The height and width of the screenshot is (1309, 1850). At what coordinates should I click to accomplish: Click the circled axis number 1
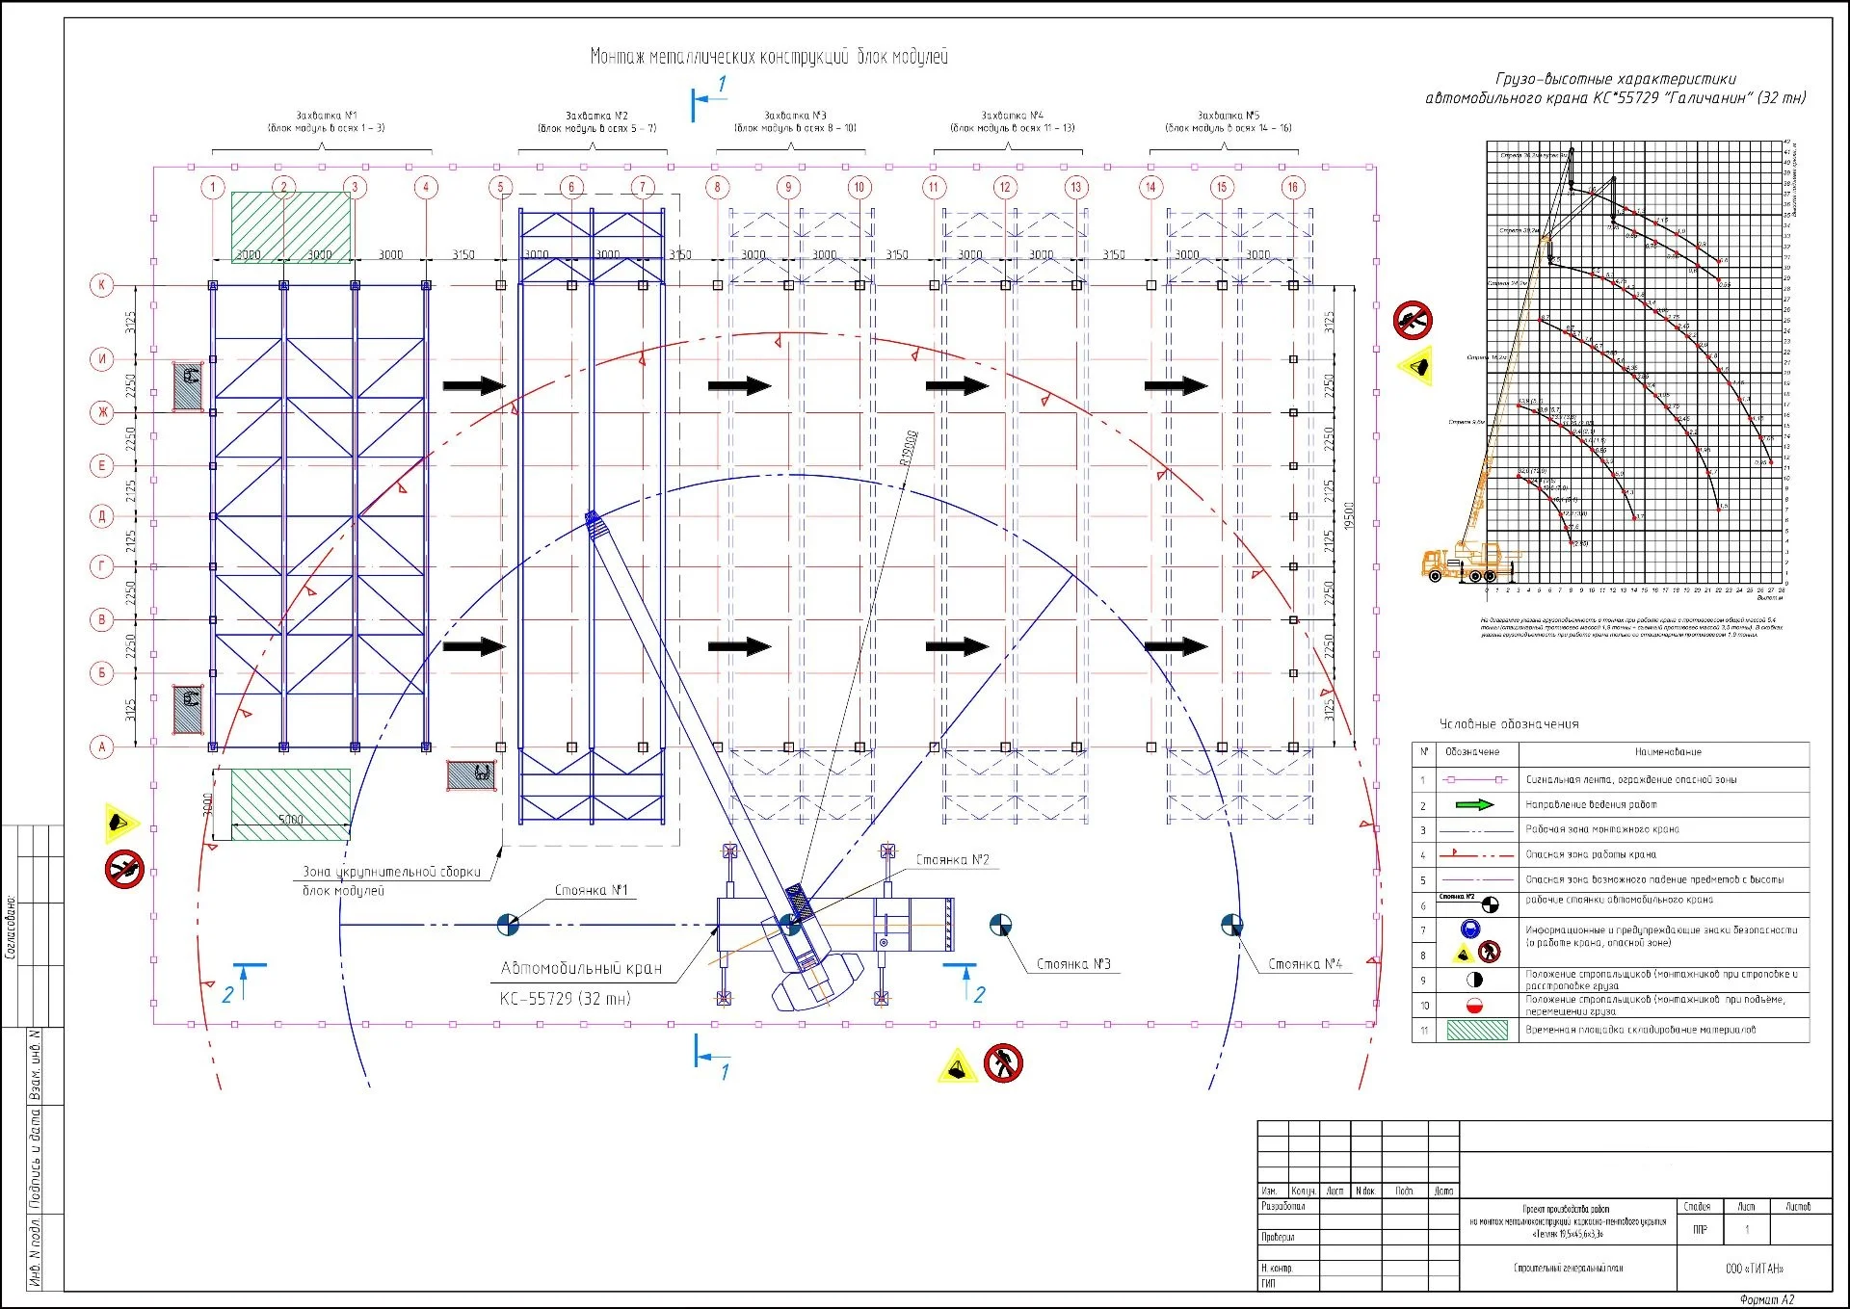213,188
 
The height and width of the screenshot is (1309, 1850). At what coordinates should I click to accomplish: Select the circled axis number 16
1292,188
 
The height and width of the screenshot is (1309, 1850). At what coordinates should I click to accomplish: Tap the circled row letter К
102,285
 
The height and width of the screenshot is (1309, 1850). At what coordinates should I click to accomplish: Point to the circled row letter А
102,746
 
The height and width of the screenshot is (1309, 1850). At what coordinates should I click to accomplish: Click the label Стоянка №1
591,891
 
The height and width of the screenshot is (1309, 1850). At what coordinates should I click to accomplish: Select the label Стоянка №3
1073,964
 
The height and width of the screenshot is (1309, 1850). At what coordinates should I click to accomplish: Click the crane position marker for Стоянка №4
1231,926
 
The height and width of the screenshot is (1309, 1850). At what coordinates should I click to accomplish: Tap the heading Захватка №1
326,116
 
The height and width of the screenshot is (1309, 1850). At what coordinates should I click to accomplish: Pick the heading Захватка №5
1228,116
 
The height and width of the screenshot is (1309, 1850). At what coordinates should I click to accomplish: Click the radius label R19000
908,448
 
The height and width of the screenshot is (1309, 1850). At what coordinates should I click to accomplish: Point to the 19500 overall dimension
1349,515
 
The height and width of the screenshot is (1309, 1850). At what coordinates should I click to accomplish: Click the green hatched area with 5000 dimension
290,804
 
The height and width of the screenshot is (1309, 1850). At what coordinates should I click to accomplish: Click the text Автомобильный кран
581,969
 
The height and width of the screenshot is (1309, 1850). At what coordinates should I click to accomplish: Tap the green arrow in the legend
1473,804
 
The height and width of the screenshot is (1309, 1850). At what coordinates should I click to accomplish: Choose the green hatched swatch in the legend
1476,1030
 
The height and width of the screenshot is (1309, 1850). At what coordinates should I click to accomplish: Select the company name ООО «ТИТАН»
1754,1269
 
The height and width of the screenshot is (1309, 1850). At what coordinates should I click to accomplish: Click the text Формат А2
1766,1300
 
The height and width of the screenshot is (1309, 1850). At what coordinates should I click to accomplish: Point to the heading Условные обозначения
1509,724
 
